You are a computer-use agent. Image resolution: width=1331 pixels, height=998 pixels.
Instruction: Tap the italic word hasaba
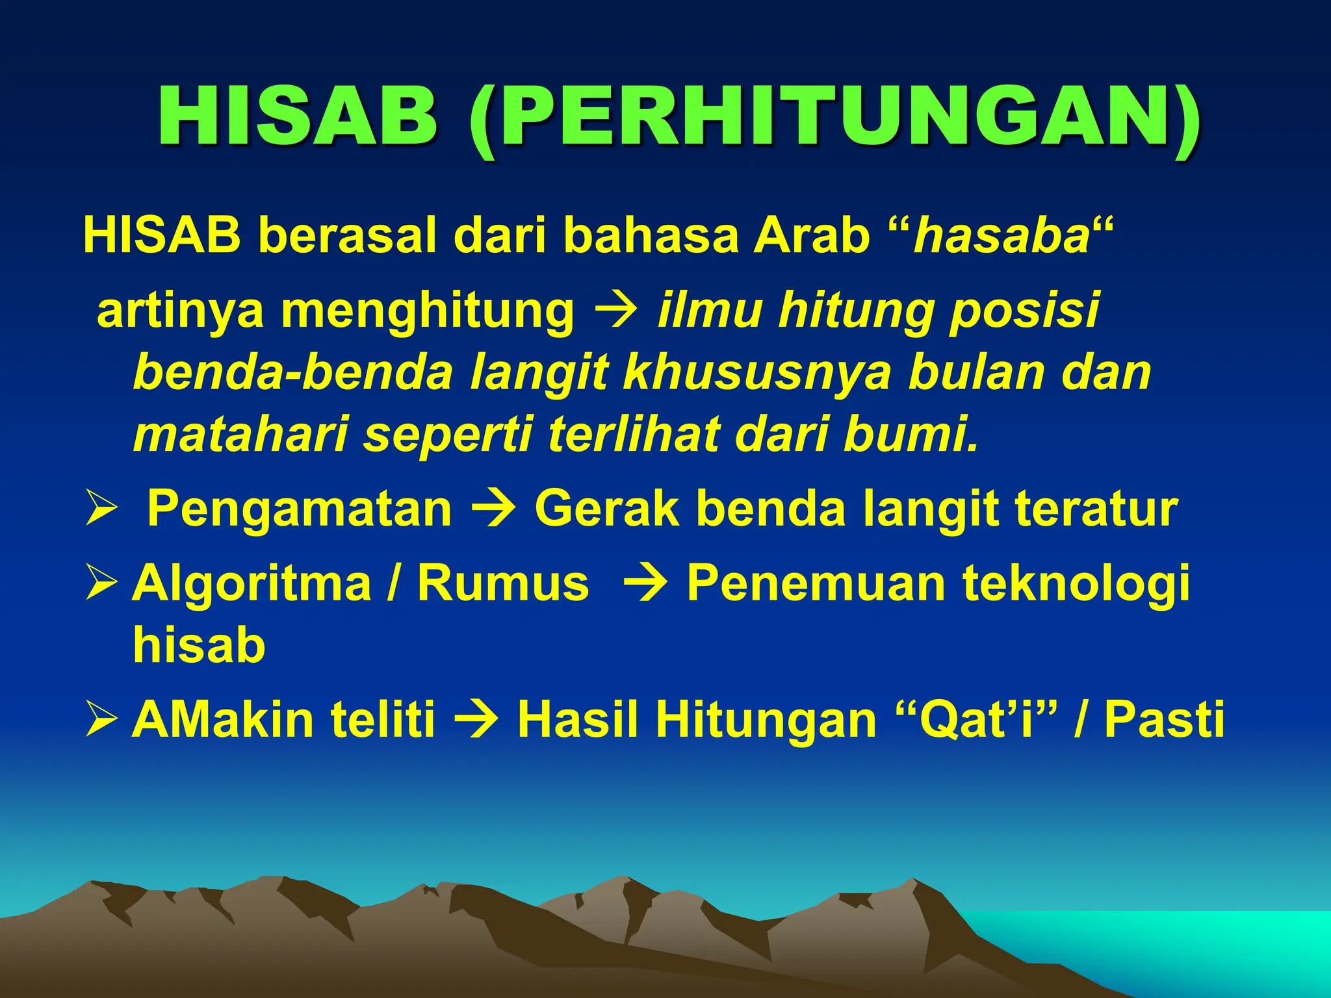(1001, 235)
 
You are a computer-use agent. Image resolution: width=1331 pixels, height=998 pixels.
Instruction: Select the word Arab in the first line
(812, 235)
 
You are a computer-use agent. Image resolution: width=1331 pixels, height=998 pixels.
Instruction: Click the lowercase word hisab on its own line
(199, 646)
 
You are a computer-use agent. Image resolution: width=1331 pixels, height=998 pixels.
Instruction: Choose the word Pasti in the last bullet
(1164, 720)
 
